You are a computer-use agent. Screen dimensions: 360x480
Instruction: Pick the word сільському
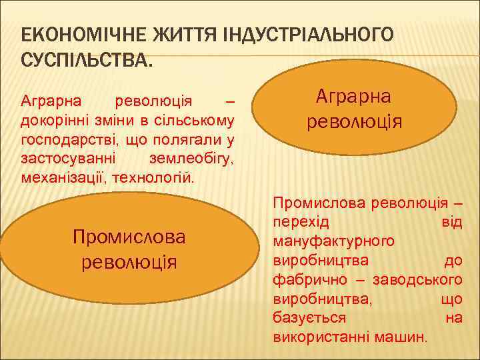(x=201, y=121)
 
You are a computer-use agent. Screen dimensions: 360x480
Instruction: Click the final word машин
(x=406, y=337)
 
